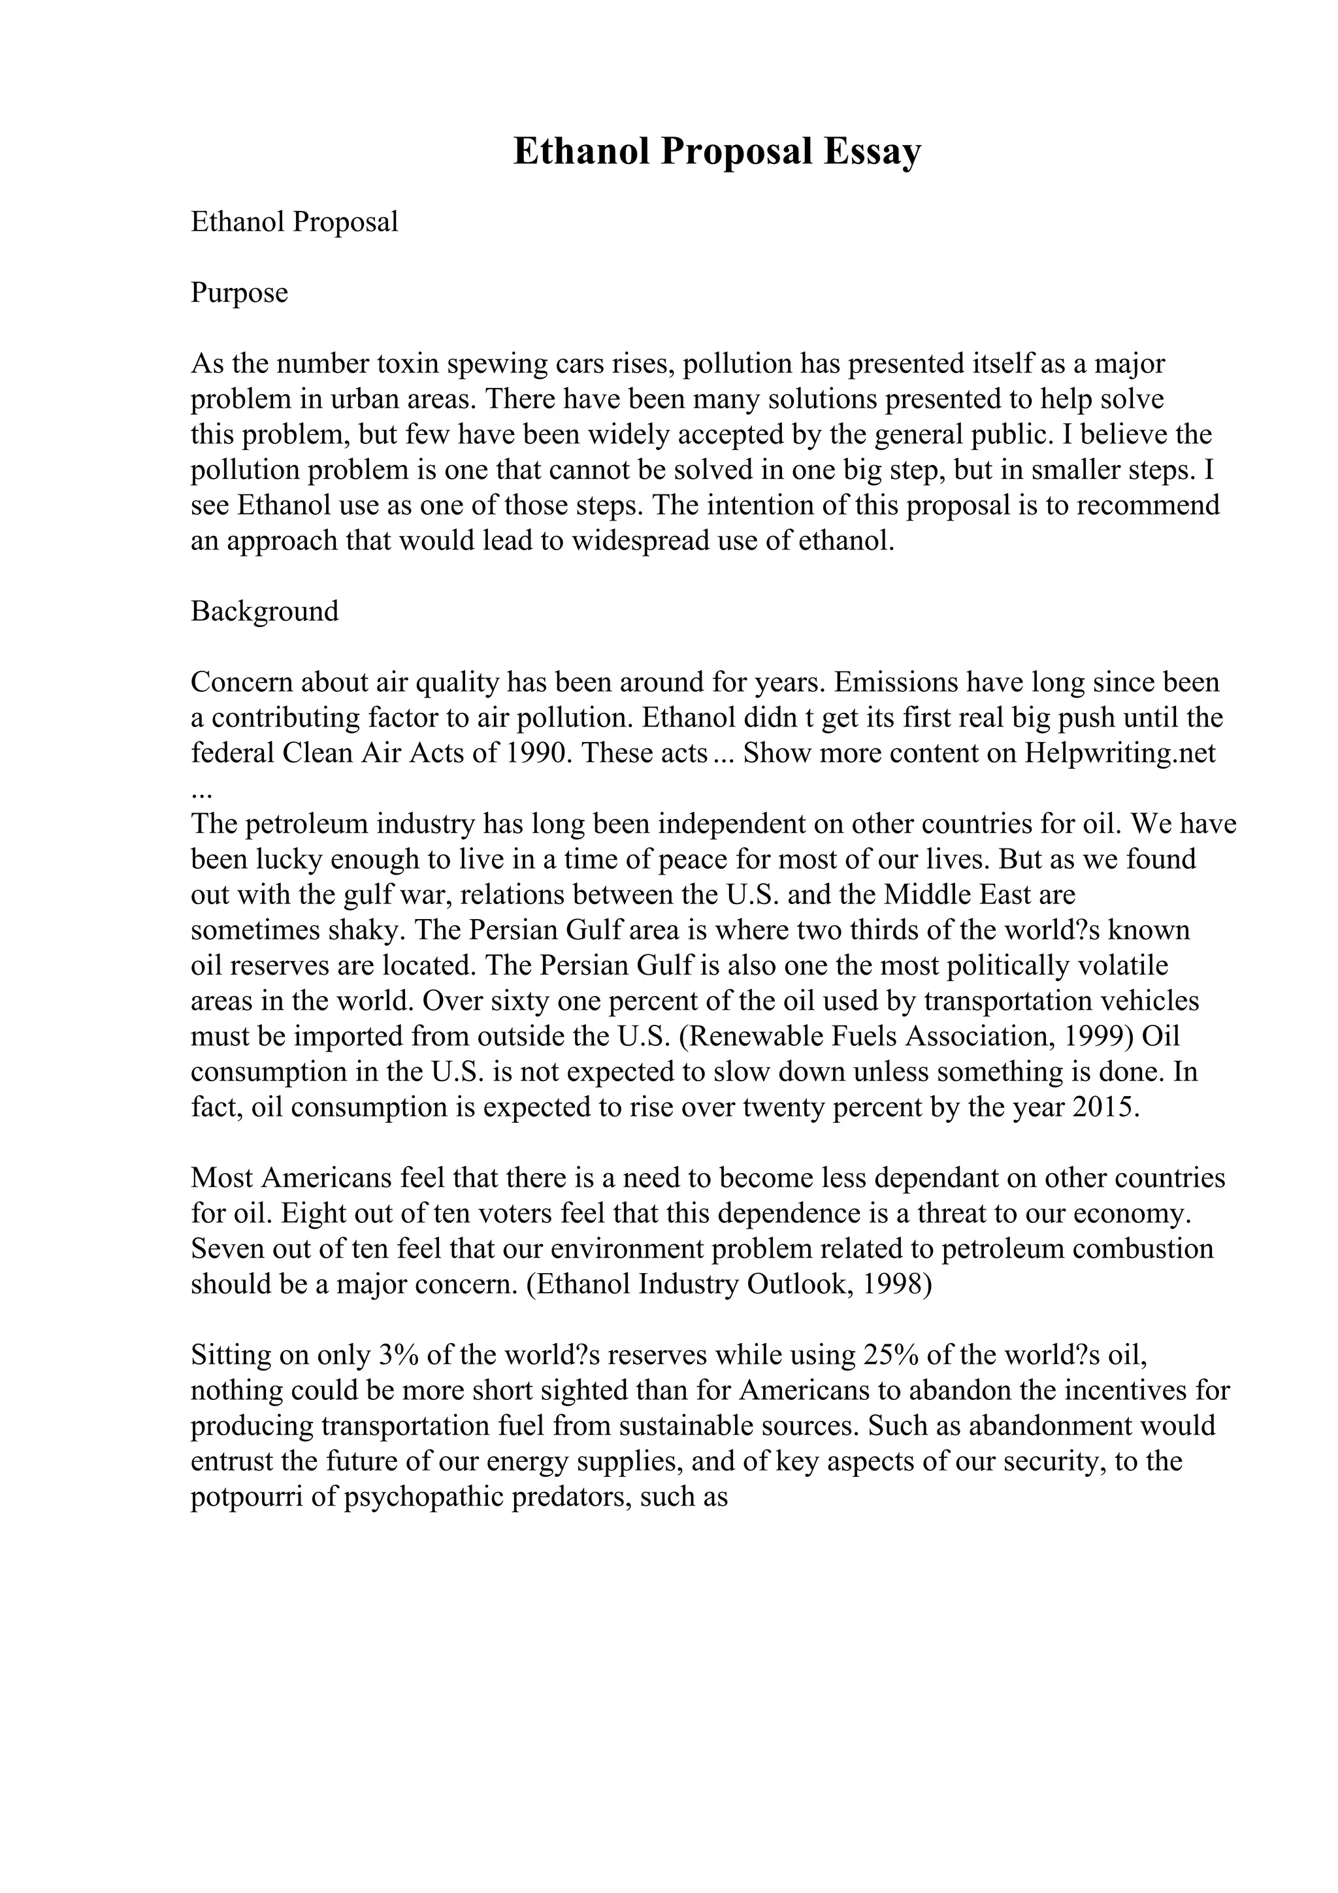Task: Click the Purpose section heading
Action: point(239,293)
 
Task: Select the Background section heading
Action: point(265,611)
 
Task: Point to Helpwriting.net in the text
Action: point(1120,752)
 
